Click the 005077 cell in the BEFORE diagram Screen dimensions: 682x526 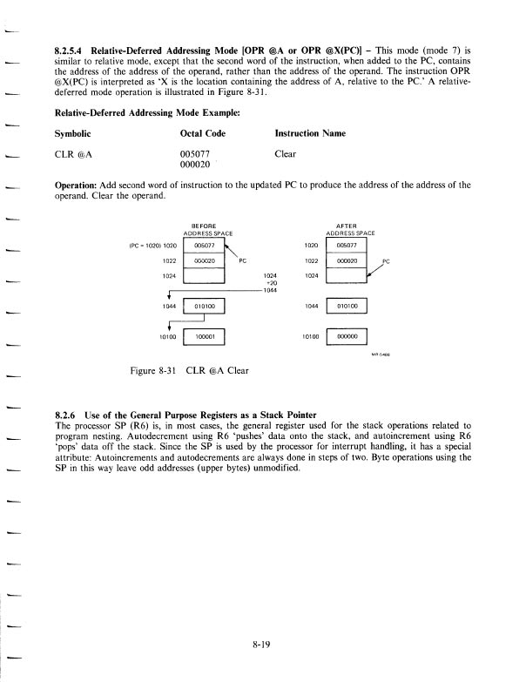coord(205,246)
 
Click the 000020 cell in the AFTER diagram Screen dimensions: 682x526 coord(347,260)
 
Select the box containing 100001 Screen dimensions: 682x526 coord(205,334)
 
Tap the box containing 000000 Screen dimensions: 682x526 coord(347,334)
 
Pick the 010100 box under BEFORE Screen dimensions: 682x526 coord(205,307)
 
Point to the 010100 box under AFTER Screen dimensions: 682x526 coord(347,307)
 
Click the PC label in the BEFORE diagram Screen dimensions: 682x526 coord(244,260)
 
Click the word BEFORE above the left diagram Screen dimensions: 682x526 coord(204,225)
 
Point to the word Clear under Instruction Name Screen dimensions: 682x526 coord(285,153)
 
